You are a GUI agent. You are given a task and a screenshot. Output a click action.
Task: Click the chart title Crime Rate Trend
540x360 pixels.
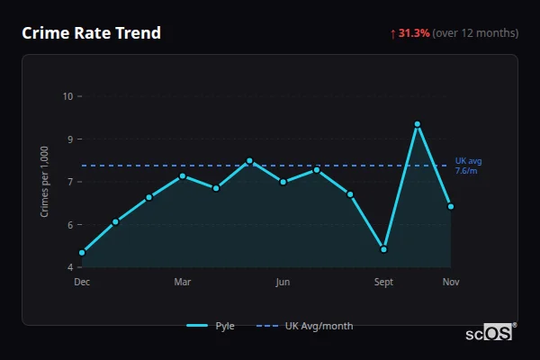(x=91, y=33)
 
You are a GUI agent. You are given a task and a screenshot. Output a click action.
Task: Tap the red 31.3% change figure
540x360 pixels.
(x=414, y=33)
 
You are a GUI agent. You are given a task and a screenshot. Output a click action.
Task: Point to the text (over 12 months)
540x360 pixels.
(x=475, y=33)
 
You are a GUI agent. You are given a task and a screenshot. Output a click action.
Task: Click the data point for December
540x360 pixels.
(x=82, y=253)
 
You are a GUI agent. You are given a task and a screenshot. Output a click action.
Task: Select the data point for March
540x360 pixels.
(x=183, y=175)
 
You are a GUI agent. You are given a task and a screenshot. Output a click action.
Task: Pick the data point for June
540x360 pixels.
(x=283, y=182)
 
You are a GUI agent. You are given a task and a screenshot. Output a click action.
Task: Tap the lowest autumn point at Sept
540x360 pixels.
(x=383, y=249)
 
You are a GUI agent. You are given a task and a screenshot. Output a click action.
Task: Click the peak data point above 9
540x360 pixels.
(x=418, y=124)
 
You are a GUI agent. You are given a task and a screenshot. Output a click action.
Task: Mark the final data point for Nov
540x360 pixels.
(x=451, y=206)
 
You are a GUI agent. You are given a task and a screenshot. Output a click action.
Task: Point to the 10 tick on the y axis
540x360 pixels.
(x=67, y=96)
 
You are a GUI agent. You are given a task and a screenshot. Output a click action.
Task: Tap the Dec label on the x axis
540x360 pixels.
(x=82, y=282)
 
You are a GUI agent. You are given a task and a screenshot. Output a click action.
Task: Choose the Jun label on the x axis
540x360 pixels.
(x=283, y=282)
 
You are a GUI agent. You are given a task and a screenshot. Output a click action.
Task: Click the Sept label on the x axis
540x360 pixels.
(x=383, y=282)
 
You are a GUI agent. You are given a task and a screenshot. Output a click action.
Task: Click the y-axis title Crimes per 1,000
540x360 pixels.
(x=44, y=182)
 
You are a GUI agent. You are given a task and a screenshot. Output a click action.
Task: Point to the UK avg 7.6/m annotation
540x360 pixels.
(x=468, y=166)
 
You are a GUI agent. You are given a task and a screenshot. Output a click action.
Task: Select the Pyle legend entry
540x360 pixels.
(x=212, y=326)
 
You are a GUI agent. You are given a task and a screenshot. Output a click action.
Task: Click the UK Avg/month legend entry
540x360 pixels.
(x=306, y=326)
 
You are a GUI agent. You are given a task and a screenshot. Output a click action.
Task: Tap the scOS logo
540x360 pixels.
(x=490, y=333)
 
